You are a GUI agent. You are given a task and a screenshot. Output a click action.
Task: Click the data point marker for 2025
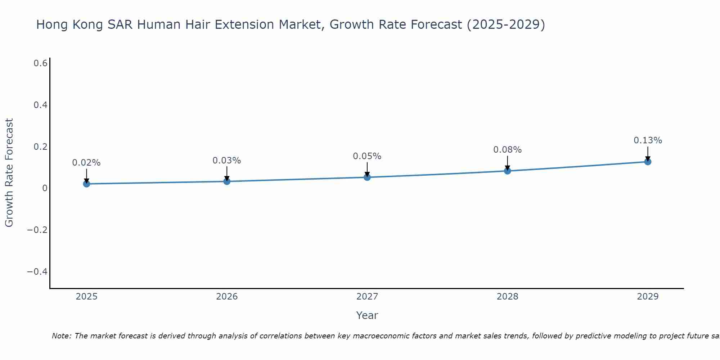[86, 184]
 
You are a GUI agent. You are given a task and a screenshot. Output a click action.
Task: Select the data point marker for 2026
[227, 181]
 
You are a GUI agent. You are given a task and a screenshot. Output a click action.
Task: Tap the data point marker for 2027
[367, 177]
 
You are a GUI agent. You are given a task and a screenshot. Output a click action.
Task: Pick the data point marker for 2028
[507, 171]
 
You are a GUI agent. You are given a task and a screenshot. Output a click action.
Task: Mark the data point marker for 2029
[648, 162]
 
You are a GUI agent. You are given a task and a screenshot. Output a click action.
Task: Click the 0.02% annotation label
[86, 163]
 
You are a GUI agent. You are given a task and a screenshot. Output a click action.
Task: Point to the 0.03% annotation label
[227, 161]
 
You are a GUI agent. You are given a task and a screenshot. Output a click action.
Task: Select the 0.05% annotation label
[367, 156]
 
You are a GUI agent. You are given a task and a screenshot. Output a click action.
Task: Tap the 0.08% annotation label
[507, 150]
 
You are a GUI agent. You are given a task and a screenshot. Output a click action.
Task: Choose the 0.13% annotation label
[648, 140]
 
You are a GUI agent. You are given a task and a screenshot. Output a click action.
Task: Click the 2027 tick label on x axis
[367, 297]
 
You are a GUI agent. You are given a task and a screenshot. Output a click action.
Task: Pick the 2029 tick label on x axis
[648, 297]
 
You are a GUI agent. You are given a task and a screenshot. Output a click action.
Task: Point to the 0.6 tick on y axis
[41, 63]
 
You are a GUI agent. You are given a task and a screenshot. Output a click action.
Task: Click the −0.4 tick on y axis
[37, 271]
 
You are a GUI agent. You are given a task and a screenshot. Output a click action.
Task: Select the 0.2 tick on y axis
[41, 147]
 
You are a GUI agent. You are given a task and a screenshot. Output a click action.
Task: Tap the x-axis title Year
[367, 315]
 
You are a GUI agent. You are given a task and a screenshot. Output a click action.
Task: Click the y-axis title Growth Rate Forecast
[9, 173]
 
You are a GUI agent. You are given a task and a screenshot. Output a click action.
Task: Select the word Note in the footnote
[61, 336]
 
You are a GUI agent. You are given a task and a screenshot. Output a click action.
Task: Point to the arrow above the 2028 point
[507, 163]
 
